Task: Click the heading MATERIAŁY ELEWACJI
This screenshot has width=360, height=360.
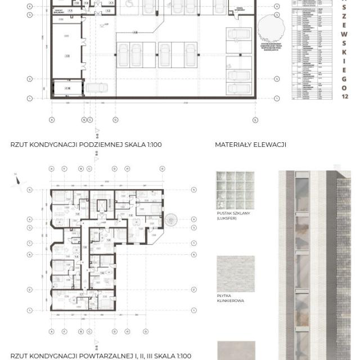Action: tap(250, 145)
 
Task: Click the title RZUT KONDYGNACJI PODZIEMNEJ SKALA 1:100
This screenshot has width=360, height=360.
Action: tap(86, 145)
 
